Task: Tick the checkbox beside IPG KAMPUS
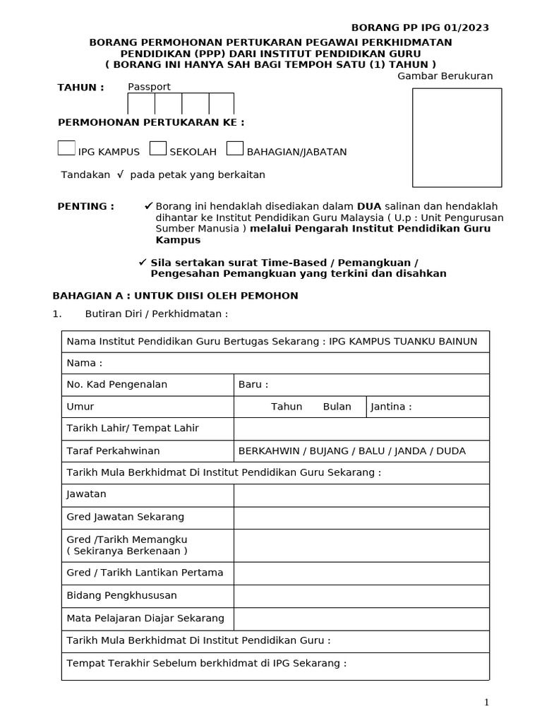tap(66, 148)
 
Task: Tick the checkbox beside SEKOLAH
tap(158, 148)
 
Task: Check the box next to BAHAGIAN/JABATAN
tap(235, 148)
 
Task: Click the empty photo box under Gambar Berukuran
tap(457, 137)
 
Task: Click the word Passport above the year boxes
tap(149, 87)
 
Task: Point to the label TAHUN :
tap(80, 87)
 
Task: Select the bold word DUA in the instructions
tap(369, 206)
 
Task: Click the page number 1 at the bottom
tap(486, 702)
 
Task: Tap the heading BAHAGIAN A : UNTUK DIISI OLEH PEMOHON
tap(176, 295)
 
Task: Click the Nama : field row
tap(275, 363)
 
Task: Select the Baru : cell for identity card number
tap(361, 385)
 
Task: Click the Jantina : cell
tap(428, 407)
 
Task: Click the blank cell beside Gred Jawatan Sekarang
tap(361, 517)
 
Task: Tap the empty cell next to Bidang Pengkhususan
tap(361, 596)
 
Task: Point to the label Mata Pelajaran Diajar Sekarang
tap(145, 618)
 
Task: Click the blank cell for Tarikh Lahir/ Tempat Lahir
tap(361, 429)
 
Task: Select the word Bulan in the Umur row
tap(337, 407)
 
